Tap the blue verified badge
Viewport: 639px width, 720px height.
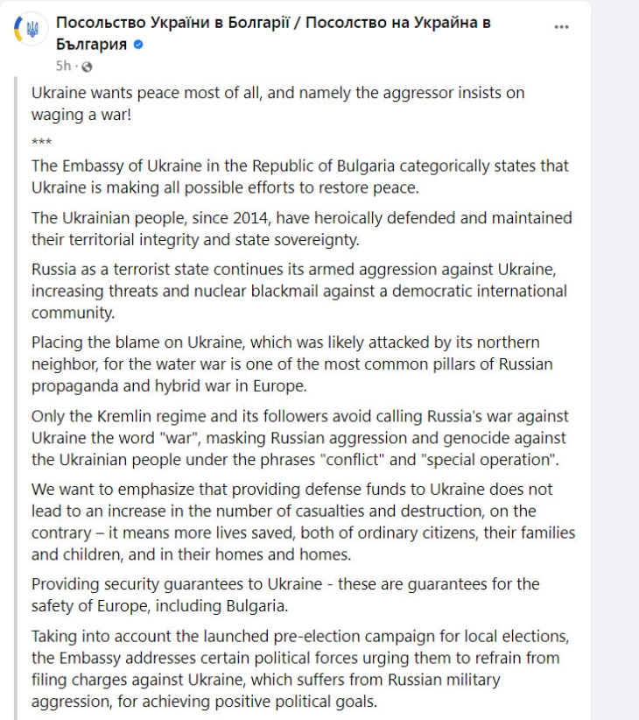(138, 45)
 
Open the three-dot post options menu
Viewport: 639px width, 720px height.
(562, 26)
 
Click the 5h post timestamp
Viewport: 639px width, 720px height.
(63, 66)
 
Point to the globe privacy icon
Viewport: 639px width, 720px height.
(86, 66)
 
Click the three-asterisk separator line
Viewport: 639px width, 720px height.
(41, 142)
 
